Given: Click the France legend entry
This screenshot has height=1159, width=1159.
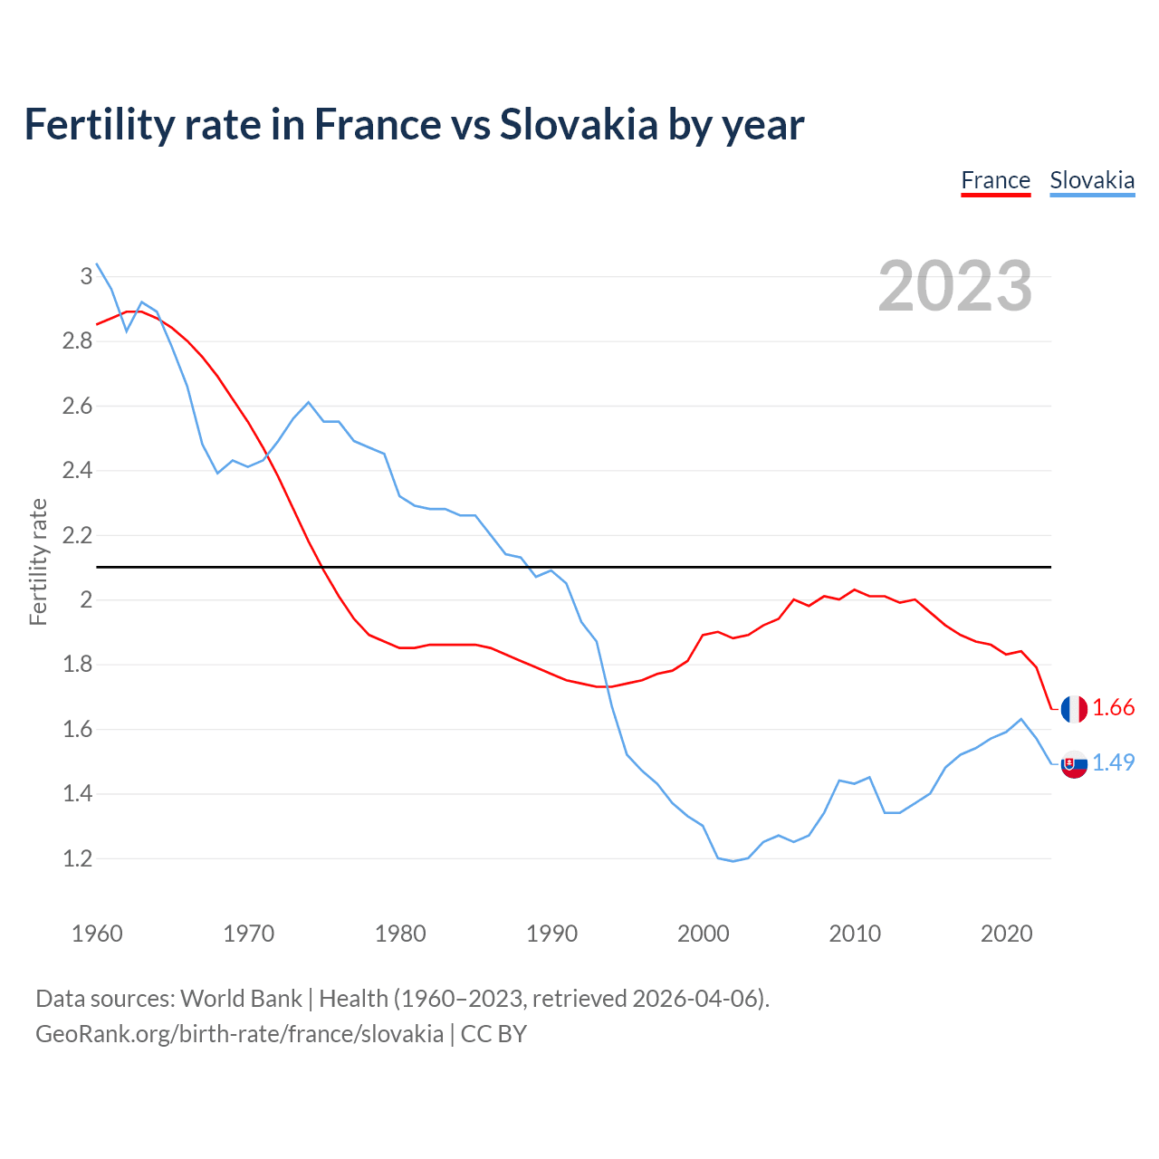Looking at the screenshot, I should [x=995, y=180].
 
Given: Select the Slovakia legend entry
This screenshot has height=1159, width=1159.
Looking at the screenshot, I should [x=1091, y=180].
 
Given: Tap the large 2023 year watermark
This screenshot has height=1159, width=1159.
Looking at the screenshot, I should [x=954, y=286].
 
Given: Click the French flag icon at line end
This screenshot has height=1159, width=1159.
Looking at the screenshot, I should [x=1074, y=709].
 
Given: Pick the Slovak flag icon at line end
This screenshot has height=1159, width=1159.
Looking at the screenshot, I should [x=1074, y=764].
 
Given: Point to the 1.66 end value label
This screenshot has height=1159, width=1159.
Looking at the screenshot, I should [x=1113, y=708].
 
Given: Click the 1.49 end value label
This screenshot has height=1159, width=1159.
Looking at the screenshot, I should [x=1113, y=763].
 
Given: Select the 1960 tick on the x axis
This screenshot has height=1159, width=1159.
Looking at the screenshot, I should [x=97, y=934].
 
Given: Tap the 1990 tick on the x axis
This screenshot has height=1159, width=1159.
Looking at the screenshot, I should [x=551, y=934].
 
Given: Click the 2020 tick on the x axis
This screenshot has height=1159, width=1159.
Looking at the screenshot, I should [x=1006, y=934].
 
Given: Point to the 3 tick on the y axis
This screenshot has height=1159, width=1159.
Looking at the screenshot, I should [x=86, y=276].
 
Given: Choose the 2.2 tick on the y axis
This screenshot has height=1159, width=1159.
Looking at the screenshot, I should [x=78, y=535].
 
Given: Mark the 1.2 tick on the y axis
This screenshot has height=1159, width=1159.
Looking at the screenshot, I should [x=78, y=858].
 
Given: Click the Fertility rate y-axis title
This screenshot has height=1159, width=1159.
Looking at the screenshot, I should [x=38, y=561].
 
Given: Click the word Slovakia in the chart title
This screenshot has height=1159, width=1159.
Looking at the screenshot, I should [x=578, y=124].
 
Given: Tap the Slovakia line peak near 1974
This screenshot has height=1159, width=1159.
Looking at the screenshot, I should [x=309, y=402].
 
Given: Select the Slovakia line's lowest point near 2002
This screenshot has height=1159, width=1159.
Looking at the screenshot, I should [x=733, y=861].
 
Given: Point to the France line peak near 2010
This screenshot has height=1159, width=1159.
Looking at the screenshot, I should [x=854, y=589].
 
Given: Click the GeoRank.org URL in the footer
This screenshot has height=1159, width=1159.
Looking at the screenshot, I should [x=239, y=1034].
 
